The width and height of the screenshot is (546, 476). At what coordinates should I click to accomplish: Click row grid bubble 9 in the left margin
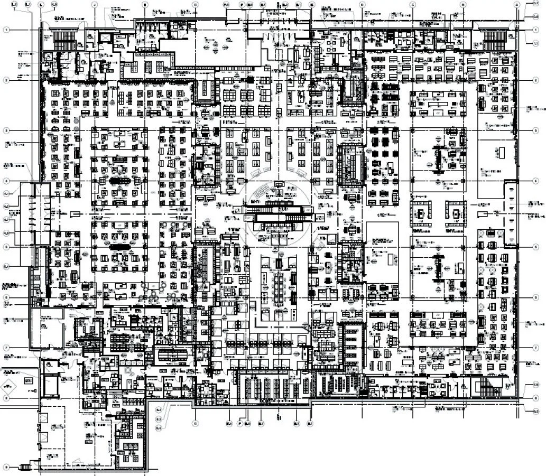6,466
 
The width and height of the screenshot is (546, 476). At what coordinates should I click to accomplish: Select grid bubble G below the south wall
195,423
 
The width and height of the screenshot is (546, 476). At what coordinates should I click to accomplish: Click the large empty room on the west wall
46,328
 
